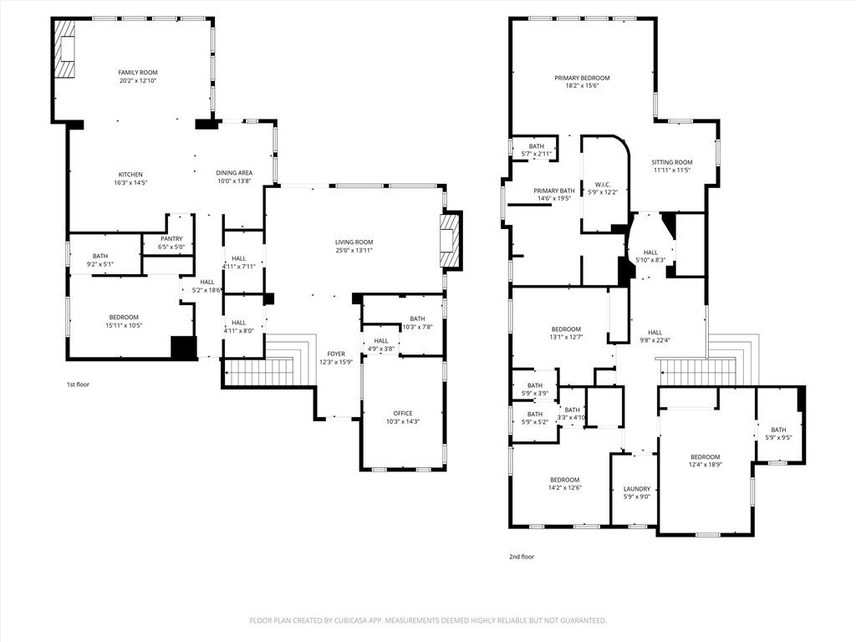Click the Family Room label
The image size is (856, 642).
(138, 73)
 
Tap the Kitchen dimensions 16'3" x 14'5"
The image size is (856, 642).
(130, 182)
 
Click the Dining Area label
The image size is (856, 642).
(234, 173)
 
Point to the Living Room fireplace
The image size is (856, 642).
(451, 241)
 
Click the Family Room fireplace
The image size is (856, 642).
(65, 49)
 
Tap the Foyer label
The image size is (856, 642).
(336, 354)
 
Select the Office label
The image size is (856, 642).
(403, 413)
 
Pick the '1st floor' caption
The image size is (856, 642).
(78, 385)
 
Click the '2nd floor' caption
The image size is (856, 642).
(521, 557)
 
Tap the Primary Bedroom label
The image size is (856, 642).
(582, 78)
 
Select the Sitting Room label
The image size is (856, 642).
(672, 162)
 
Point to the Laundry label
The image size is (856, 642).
(637, 489)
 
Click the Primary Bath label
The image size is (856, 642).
(554, 191)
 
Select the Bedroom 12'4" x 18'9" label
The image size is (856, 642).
(705, 457)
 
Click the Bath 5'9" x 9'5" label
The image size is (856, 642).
(778, 430)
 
